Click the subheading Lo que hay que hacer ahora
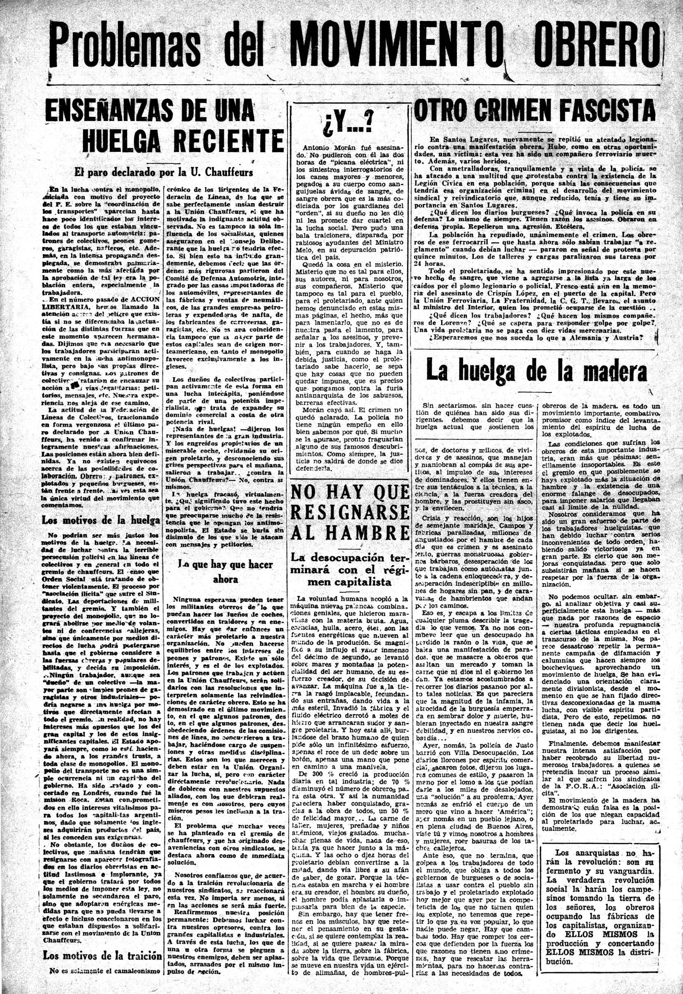pos(225,571)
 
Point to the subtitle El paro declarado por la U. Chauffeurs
pos(164,172)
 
